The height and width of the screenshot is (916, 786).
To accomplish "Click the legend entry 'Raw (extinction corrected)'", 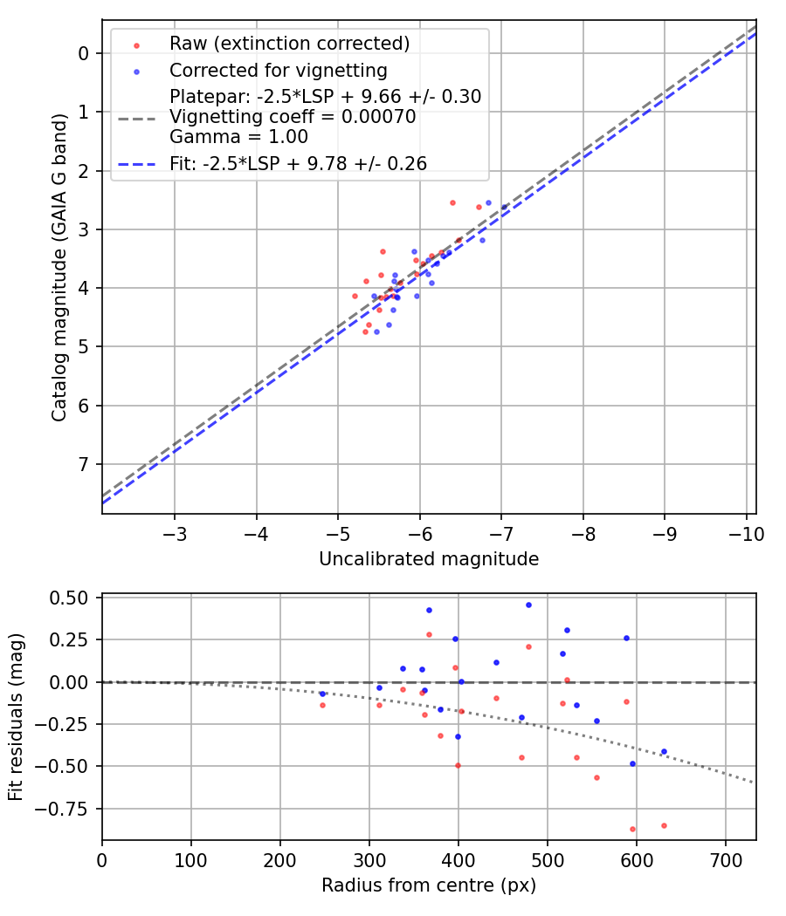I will pos(289,44).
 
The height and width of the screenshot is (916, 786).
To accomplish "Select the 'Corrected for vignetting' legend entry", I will pos(278,70).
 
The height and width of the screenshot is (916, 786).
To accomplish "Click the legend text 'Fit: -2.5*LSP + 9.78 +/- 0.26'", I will pos(298,163).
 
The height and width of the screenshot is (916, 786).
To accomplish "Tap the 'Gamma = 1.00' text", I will pos(238,136).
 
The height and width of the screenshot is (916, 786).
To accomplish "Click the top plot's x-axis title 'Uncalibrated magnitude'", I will pos(429,559).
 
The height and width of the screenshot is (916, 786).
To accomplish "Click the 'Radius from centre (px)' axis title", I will pos(429,885).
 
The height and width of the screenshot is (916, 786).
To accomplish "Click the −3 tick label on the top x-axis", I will pos(175,533).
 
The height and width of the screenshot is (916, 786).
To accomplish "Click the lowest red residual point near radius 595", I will pos(632,829).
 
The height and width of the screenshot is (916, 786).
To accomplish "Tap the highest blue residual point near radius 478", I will pos(528,605).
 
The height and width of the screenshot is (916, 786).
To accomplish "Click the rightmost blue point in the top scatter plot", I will pos(504,207).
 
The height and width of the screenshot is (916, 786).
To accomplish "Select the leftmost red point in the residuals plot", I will pos(323,705).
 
